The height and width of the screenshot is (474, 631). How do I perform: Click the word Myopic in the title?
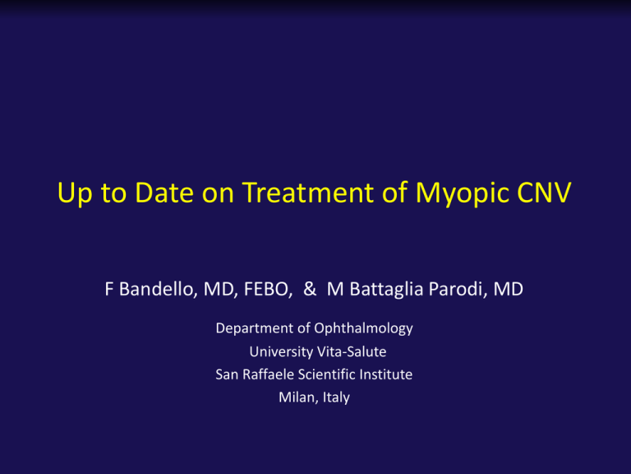point(463,193)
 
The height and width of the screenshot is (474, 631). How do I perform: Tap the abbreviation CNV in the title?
point(544,192)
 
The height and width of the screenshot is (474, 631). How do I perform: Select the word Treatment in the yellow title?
point(308,192)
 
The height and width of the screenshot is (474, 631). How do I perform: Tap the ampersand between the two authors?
point(310,289)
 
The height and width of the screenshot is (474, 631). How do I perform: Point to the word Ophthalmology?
point(363,329)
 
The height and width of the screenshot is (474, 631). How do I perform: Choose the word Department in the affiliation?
point(255,329)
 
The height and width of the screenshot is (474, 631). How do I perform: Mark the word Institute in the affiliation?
point(386,374)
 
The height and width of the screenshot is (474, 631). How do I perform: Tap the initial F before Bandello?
point(108,290)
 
